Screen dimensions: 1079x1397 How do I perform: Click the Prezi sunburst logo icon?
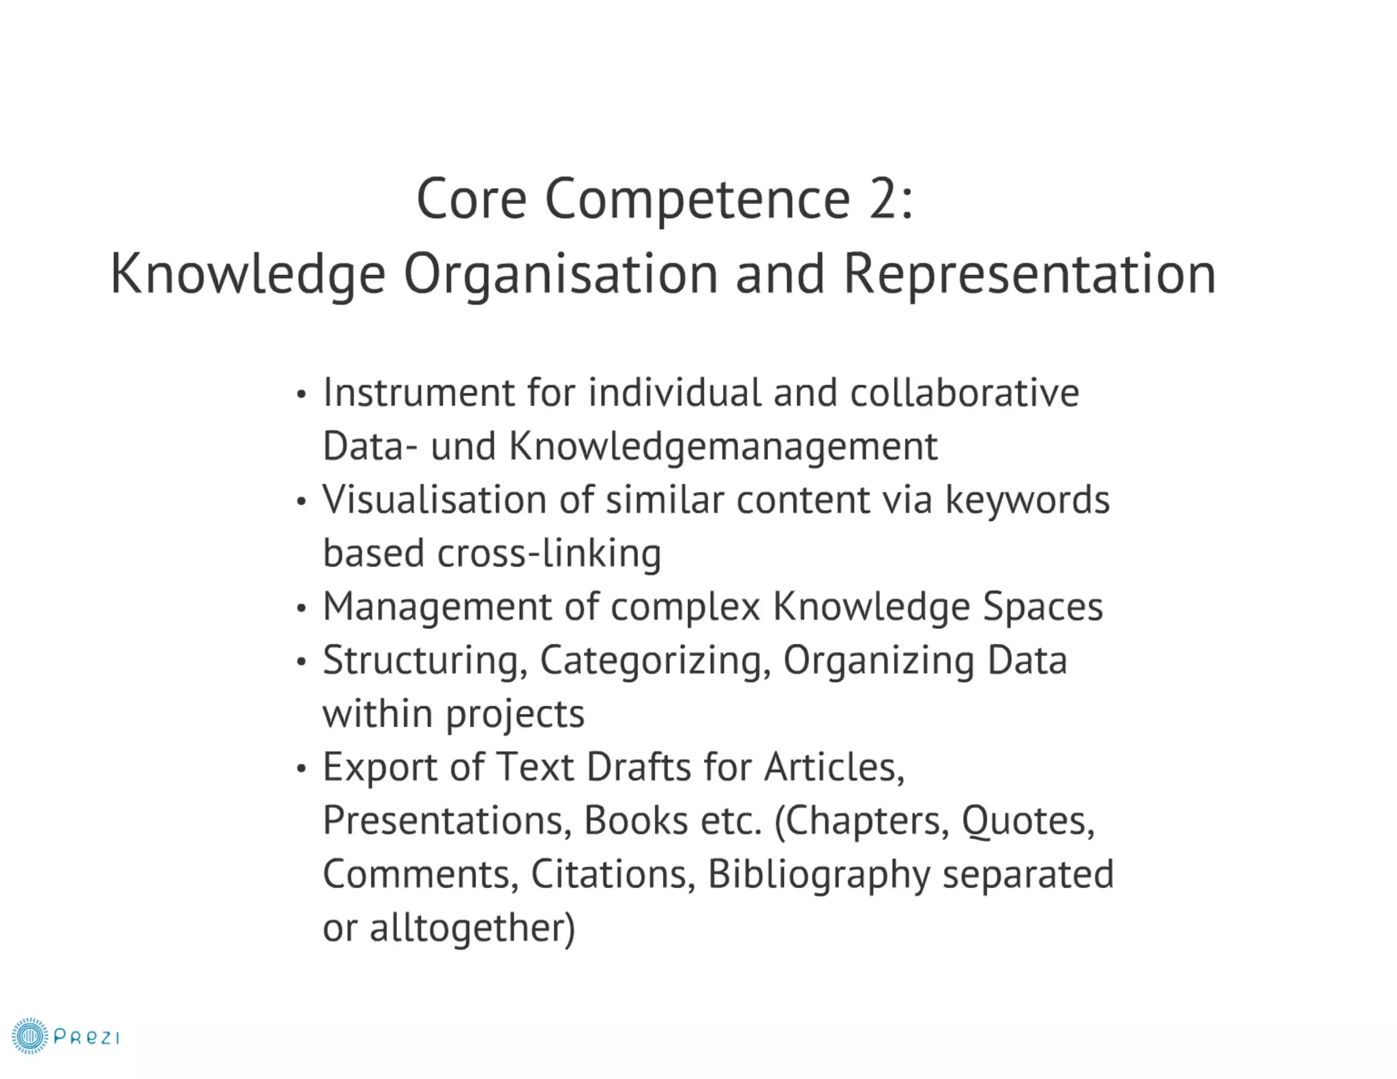[29, 1036]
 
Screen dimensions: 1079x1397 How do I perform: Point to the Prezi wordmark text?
[87, 1037]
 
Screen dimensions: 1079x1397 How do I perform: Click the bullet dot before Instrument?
[302, 395]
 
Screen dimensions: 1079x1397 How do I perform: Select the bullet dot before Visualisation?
[302, 502]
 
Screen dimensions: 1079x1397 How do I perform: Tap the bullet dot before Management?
[302, 608]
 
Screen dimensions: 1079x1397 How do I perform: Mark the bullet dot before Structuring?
[302, 662]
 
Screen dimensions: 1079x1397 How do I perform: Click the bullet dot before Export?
[302, 769]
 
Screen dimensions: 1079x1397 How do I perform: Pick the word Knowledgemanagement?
[723, 447]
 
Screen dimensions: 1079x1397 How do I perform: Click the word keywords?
[1027, 500]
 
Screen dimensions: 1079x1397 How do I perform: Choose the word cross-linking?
[549, 553]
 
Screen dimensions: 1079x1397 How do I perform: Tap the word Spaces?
[1042, 607]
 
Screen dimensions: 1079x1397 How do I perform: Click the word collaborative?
[965, 394]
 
